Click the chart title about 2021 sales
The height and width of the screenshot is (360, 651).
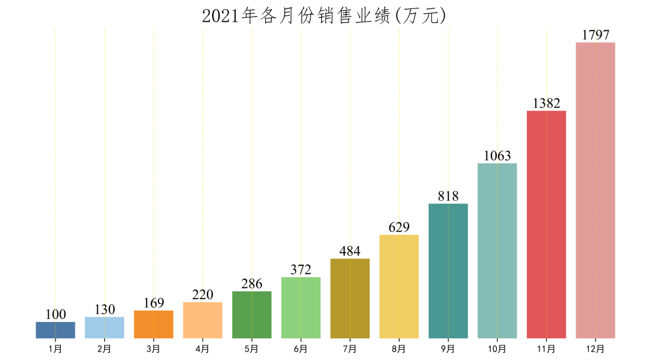(324, 16)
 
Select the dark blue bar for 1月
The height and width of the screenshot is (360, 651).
(55, 330)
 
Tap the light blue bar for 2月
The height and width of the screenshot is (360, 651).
(104, 327)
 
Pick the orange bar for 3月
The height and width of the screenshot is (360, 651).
(154, 324)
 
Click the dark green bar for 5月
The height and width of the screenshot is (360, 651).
(252, 315)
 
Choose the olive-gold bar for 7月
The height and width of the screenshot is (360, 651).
(350, 298)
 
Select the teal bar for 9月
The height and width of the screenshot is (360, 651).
(448, 271)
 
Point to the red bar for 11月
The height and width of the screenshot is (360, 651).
(546, 224)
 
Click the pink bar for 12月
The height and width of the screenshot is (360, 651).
(596, 190)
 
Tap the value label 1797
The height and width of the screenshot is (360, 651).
(596, 35)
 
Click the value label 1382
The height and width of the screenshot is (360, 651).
(546, 103)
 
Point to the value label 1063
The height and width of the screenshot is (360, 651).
(497, 156)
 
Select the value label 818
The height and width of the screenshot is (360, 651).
(448, 196)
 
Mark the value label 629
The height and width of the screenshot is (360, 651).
(399, 227)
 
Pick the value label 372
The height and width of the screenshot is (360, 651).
(301, 270)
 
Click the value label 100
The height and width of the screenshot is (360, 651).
(55, 314)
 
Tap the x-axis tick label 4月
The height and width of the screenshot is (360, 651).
(203, 349)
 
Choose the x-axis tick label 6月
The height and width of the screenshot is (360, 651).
(301, 349)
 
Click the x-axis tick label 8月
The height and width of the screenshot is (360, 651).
(399, 349)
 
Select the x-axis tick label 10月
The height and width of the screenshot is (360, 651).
(497, 349)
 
